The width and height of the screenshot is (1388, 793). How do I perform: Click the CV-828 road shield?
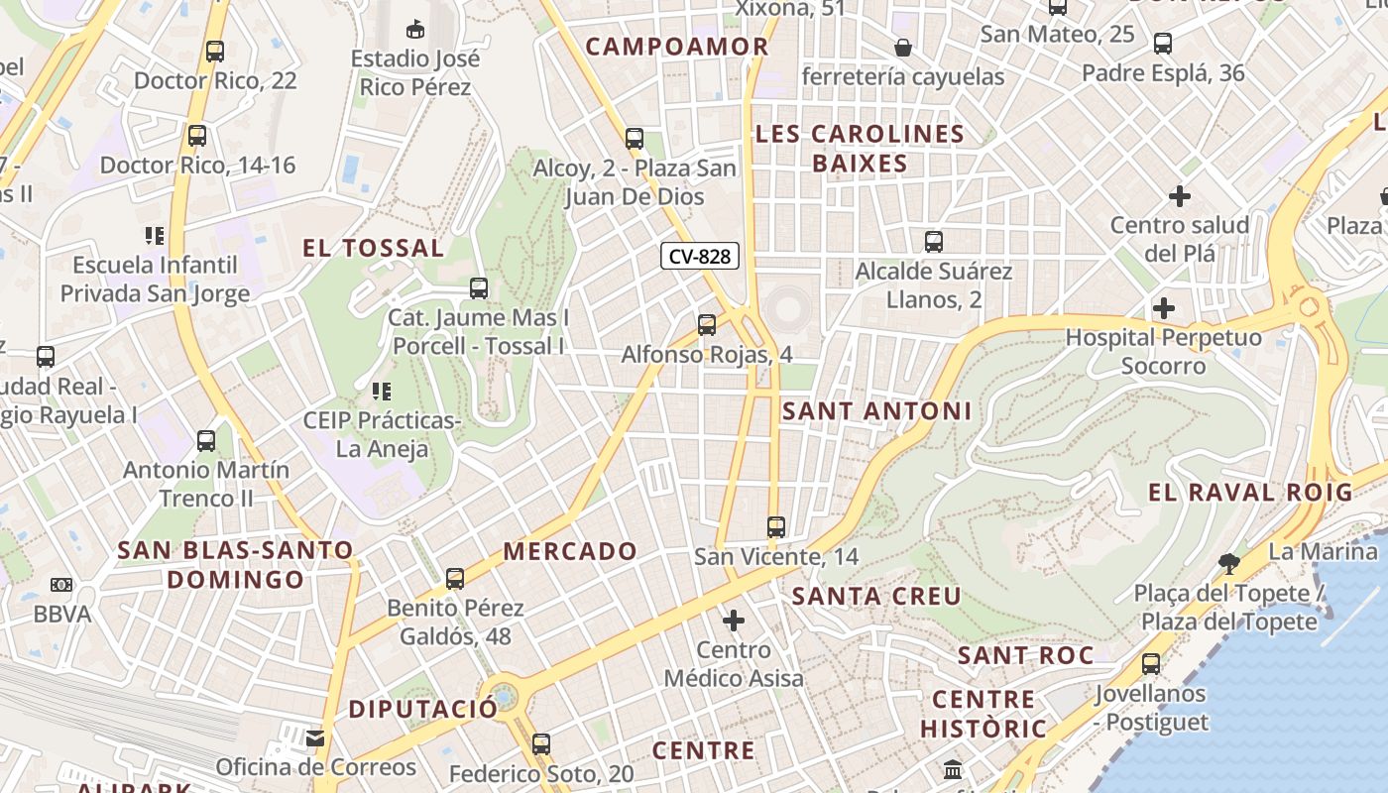700,257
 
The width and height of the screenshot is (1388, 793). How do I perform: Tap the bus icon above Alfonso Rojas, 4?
707,324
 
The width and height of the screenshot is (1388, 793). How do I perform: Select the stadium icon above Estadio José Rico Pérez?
415,29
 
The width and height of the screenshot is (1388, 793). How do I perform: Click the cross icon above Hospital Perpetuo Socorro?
1164,308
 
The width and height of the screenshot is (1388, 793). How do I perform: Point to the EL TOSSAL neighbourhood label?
373,248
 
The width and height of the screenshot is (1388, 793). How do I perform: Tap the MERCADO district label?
570,551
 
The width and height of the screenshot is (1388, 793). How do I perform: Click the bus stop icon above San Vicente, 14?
776,527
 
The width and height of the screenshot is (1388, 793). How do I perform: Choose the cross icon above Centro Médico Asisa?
734,622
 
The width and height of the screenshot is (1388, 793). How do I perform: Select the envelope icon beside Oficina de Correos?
315,737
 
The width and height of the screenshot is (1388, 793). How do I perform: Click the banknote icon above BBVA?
61,585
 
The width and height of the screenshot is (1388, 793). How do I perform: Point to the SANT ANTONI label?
876,410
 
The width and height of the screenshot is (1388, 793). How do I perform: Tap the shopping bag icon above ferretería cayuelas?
903,48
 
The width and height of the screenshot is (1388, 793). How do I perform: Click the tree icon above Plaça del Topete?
1229,564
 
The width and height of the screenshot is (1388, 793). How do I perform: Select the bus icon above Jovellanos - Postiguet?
1151,664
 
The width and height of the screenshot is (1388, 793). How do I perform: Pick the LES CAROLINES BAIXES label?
860,149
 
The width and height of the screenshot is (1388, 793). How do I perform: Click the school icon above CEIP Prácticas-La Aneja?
382,392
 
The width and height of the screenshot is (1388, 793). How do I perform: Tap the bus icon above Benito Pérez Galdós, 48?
455,578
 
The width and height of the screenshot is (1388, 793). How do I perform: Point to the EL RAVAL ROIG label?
1250,492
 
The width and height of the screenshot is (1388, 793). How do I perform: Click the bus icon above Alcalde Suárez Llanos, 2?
934,242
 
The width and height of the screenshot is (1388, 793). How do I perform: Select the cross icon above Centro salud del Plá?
1179,196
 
